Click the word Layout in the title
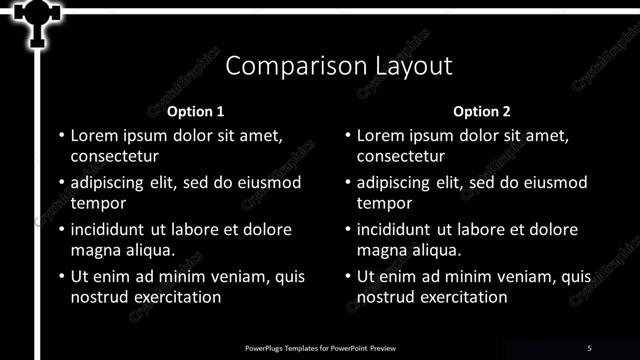tap(408, 67)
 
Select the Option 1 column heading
tap(195, 112)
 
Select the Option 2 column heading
tap(481, 112)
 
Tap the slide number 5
tap(589, 347)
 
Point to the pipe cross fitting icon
tap(37, 17)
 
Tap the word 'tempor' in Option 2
tap(384, 203)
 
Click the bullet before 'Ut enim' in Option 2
tap(347, 277)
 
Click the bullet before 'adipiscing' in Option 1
tap(61, 183)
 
